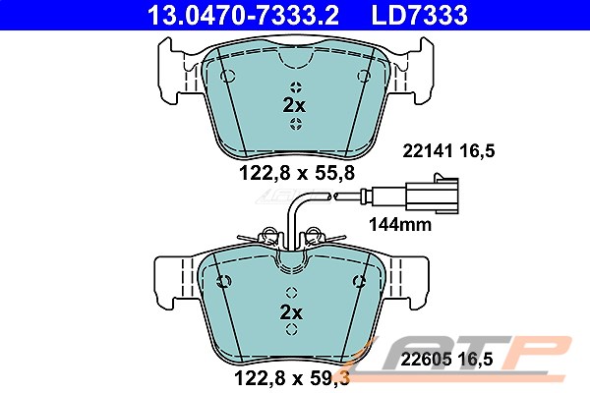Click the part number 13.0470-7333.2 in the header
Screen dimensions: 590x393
click(243, 15)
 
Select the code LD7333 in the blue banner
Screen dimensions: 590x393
click(420, 15)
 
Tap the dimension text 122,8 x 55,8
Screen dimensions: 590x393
click(297, 173)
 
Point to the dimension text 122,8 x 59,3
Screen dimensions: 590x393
click(292, 377)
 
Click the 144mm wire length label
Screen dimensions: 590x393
click(400, 225)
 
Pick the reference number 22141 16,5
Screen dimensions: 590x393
click(448, 151)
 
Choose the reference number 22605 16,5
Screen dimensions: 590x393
click(446, 360)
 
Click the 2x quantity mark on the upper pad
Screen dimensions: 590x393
click(294, 106)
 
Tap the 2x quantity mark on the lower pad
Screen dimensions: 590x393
click(291, 312)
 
